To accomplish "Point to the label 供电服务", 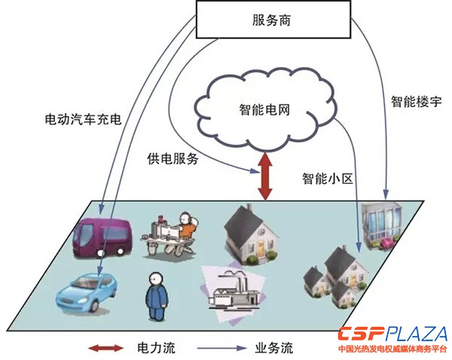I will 173,159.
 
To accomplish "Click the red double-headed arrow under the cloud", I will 264,176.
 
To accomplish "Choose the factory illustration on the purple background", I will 234,293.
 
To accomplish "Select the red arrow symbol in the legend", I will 105,349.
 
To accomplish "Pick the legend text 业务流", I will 274,349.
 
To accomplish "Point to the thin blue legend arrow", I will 227,349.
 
